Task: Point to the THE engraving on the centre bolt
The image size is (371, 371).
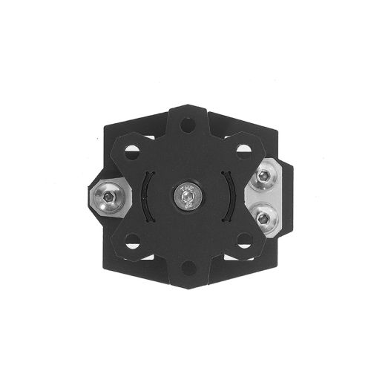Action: [x=185, y=188]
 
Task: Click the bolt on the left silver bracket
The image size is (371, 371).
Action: [x=109, y=197]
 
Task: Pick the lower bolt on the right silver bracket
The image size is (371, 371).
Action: [x=263, y=217]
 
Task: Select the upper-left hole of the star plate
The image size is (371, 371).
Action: [x=131, y=151]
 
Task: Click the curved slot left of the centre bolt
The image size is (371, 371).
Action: [x=146, y=196]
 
